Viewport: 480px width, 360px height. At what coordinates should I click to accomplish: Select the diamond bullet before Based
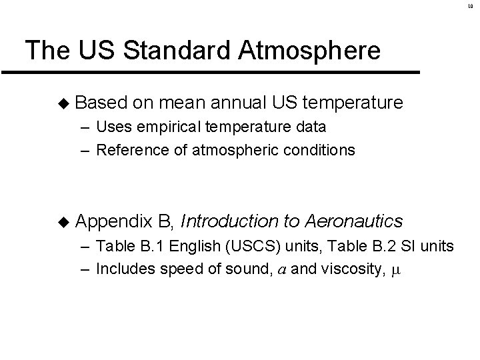(63, 103)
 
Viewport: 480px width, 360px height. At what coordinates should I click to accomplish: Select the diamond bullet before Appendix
(63, 221)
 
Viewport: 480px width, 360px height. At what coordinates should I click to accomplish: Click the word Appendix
(114, 221)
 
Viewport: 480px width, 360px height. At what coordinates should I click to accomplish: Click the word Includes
(122, 269)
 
